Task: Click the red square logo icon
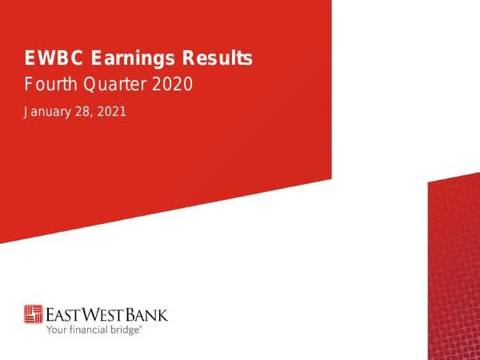click(34, 314)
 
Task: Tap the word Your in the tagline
click(56, 328)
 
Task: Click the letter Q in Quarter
click(95, 82)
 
